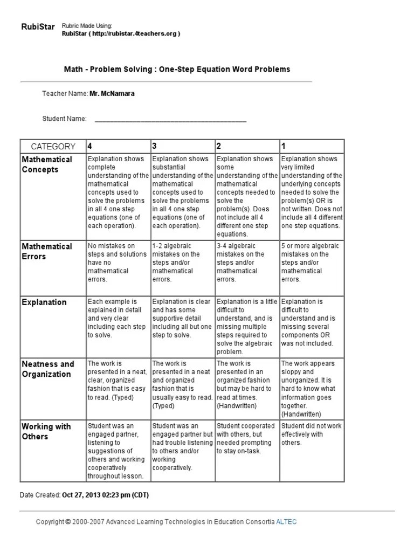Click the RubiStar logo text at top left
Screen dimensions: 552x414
(38, 27)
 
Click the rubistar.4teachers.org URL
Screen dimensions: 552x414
(121, 33)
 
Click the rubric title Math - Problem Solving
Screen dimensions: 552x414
(177, 69)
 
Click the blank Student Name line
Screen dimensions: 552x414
(170, 119)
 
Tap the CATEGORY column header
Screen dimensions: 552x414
(53, 146)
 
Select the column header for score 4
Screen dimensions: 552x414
(90, 146)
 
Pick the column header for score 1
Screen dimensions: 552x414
(284, 146)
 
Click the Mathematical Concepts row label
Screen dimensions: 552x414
(47, 164)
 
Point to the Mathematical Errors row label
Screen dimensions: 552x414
(47, 251)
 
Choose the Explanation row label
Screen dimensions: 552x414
(44, 302)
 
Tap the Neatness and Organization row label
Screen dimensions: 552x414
(47, 369)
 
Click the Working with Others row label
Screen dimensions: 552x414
(46, 431)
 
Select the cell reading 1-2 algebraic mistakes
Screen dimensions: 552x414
(182, 263)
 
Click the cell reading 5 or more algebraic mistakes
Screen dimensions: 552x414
(311, 263)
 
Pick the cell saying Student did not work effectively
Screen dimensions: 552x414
(311, 434)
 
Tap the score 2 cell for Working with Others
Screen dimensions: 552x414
(247, 438)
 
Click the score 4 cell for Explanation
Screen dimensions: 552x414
(118, 318)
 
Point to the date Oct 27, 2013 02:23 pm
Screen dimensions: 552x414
(105, 495)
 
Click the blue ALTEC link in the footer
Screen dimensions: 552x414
(286, 522)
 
